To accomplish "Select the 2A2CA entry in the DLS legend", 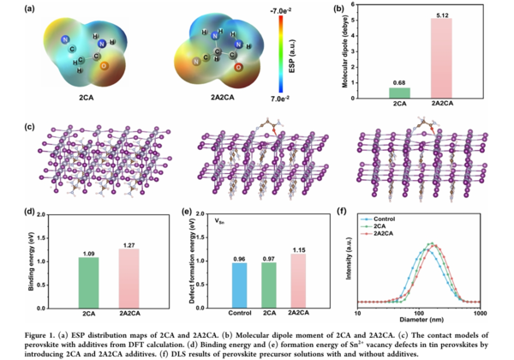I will pos(396,232).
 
